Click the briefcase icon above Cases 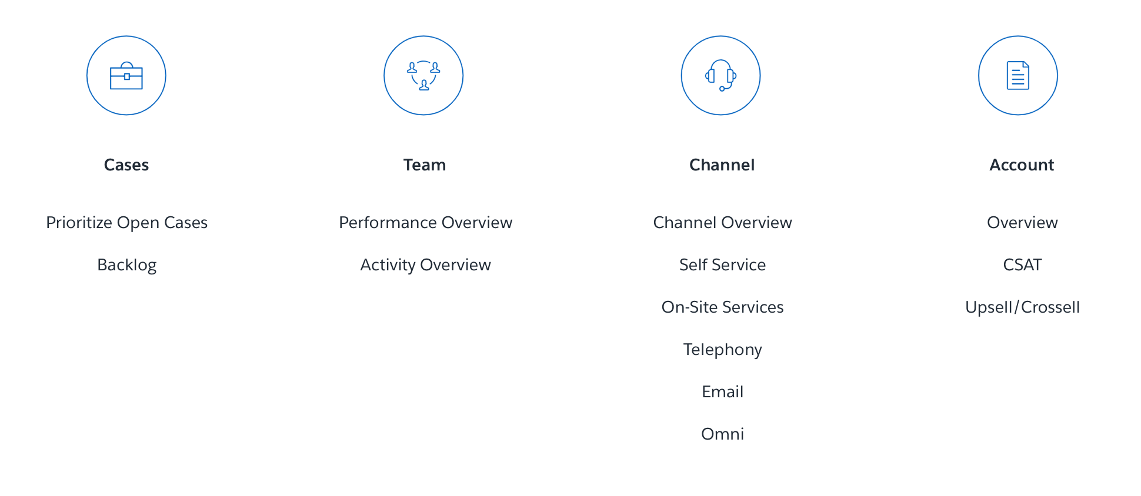(126, 76)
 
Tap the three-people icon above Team (423, 76)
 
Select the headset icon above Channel (720, 76)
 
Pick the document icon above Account (1017, 76)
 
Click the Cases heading (126, 165)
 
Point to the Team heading (425, 165)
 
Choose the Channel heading (722, 165)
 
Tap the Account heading (1022, 165)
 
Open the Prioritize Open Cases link (127, 223)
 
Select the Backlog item (127, 265)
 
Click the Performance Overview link (425, 223)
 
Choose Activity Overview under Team (425, 265)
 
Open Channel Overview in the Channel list (722, 223)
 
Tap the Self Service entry (722, 265)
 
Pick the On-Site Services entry (722, 307)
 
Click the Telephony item (722, 350)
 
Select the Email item (722, 392)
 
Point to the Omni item (722, 434)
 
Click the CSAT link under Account (1022, 265)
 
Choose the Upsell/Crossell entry (1022, 307)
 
